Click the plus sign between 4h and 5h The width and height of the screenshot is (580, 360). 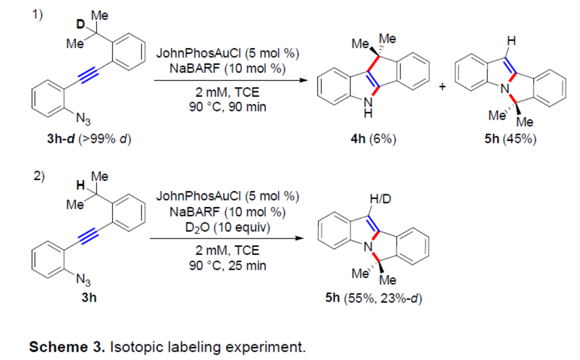coord(442,87)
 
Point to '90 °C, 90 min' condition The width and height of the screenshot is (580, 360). coord(227,106)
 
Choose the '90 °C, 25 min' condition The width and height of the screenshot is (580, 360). coord(227,265)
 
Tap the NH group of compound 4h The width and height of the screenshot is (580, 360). coord(368,110)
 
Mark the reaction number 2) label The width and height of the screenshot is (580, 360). coord(38,175)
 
